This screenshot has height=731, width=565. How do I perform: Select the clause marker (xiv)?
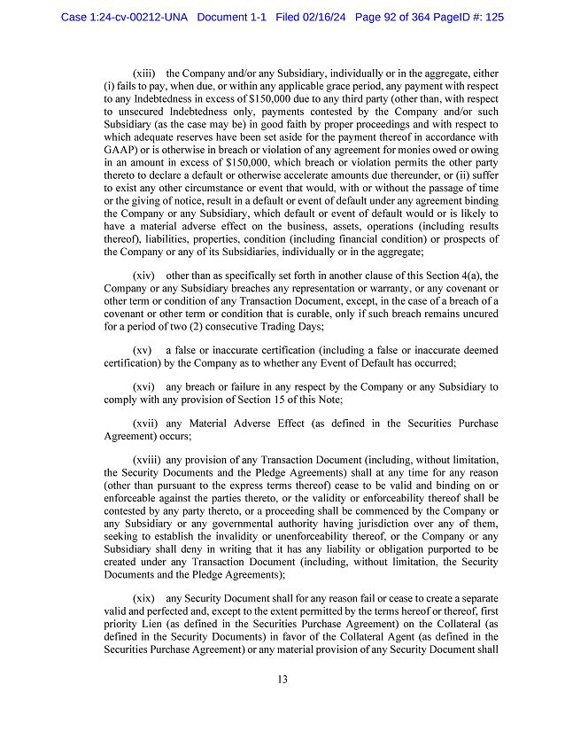144,277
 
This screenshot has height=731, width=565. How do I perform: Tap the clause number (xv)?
143,352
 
